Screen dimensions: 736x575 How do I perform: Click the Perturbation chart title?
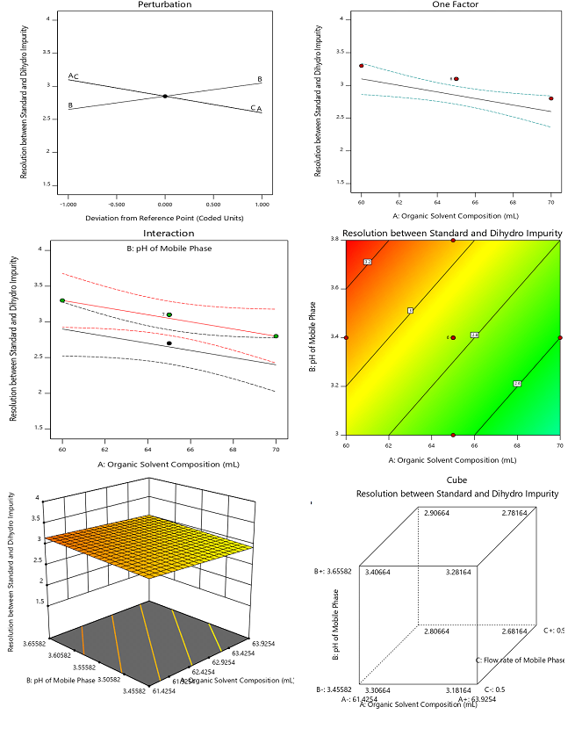164,4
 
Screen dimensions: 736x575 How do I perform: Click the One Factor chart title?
456,4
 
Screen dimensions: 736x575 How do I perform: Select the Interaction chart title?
168,235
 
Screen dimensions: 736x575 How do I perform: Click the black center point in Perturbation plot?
165,96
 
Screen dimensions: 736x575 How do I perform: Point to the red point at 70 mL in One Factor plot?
551,98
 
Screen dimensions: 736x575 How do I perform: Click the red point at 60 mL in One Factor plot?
361,66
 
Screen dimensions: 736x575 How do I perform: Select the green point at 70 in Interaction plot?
276,336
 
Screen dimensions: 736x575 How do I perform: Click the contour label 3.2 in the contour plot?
369,263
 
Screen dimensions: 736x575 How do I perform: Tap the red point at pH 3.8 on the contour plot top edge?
453,240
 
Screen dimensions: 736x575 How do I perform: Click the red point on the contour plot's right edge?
560,337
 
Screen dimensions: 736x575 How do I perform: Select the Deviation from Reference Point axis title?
164,217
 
